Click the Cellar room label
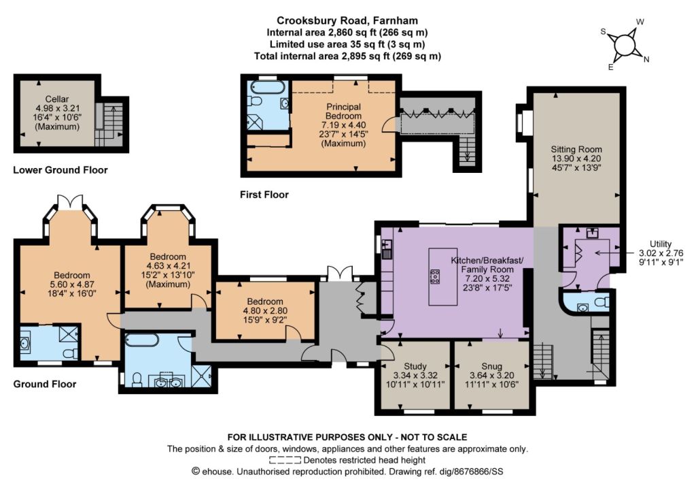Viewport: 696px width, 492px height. coord(57,99)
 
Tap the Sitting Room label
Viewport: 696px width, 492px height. coord(576,149)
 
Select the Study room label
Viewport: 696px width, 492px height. coord(415,366)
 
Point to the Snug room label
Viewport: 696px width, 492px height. coord(492,366)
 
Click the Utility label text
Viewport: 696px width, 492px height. coord(661,244)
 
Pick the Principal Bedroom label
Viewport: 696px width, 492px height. coord(343,111)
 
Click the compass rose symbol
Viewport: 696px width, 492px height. coord(625,44)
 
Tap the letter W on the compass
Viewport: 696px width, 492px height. coord(640,22)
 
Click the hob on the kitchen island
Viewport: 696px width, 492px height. coord(435,276)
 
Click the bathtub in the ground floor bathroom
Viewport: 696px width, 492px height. coord(142,340)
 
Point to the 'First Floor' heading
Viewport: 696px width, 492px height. coord(264,195)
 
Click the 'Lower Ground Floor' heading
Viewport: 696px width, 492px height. coord(60,170)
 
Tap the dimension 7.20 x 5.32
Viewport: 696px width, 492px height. coord(487,279)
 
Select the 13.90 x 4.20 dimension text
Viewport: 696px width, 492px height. coord(576,159)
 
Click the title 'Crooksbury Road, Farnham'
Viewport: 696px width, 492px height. coord(347,20)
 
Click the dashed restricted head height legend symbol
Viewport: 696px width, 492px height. coord(285,460)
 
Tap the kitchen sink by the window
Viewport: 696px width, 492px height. coord(387,244)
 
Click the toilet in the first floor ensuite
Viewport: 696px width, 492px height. coord(255,101)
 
